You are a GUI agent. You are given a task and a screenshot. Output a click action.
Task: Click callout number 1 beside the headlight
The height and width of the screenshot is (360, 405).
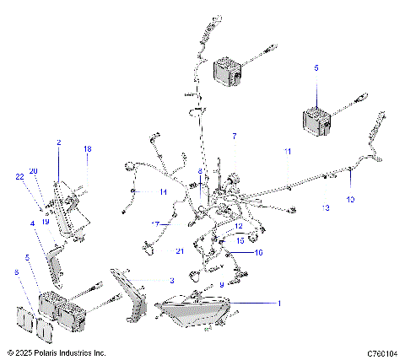(x=279, y=302)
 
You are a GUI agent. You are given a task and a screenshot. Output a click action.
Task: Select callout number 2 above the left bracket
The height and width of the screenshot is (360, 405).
(x=58, y=143)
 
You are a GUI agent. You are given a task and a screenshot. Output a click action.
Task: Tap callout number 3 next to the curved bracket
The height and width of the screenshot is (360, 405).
(x=171, y=280)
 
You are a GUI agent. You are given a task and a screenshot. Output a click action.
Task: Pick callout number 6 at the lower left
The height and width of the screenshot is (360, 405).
(x=15, y=272)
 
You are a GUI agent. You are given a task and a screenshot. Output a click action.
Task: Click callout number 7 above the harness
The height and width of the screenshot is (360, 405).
(x=235, y=136)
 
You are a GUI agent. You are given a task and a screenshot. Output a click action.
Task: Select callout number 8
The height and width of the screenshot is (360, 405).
(x=199, y=171)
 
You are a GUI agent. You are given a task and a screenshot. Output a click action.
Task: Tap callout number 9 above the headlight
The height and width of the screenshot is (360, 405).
(x=222, y=285)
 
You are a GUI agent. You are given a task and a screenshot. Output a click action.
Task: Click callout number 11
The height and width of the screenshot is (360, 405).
(x=287, y=151)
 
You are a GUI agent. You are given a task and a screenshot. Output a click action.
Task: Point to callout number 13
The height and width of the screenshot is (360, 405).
(x=325, y=207)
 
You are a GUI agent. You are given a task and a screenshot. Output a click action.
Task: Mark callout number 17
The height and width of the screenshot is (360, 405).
(x=155, y=224)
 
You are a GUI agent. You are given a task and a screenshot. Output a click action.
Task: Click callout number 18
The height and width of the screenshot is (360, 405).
(x=86, y=149)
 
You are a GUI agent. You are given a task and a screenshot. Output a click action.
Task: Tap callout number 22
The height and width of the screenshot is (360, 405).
(x=19, y=175)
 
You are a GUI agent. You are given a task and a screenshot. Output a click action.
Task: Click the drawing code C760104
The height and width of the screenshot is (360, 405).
(x=382, y=353)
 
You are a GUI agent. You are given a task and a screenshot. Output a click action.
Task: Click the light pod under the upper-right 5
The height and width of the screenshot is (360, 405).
(x=316, y=121)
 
